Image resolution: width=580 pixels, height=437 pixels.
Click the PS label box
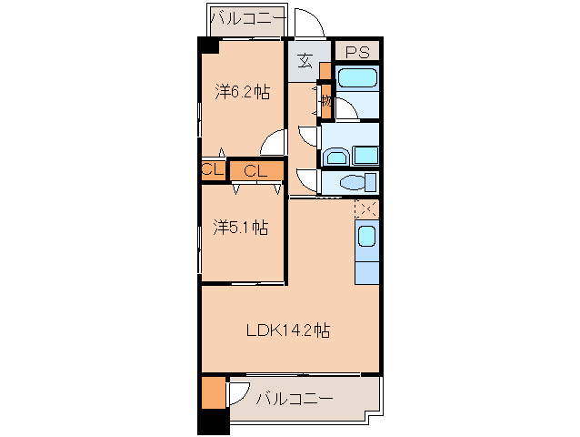(356, 52)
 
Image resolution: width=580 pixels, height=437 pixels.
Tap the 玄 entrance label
(305, 62)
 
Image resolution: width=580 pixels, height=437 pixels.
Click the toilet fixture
(351, 181)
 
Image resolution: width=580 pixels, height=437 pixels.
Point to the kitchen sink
(365, 239)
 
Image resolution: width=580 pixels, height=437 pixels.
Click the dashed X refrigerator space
(367, 208)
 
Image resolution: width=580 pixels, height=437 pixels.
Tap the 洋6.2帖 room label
(242, 91)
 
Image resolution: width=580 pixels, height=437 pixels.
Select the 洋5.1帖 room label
(240, 227)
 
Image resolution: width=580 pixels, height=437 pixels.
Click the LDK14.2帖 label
(288, 331)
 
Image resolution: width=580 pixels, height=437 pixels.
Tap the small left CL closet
(213, 170)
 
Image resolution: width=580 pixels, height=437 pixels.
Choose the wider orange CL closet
(256, 170)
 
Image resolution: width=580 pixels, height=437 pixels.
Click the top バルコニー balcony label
(248, 18)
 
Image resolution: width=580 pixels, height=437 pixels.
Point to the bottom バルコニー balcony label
(294, 399)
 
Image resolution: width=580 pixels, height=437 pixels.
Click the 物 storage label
(325, 101)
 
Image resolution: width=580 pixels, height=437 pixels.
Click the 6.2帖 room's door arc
(273, 143)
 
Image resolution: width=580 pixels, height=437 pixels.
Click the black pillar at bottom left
(213, 422)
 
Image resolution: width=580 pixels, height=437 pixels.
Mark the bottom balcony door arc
(238, 392)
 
